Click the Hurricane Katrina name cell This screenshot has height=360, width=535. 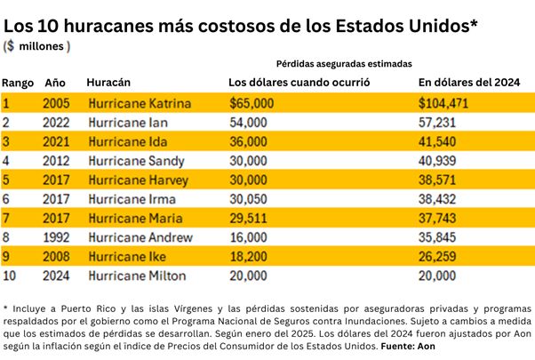(140, 104)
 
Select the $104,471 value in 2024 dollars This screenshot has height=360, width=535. (443, 104)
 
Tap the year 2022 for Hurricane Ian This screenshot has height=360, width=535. (56, 123)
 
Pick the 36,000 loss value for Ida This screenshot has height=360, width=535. (248, 142)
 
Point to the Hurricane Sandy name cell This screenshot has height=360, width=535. (136, 161)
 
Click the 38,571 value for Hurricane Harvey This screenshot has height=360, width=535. (437, 180)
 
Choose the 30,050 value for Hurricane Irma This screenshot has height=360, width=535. (248, 199)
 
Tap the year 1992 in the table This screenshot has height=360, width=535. (56, 237)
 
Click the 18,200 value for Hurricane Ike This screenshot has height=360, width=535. (248, 257)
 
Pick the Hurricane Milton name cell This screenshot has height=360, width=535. (137, 276)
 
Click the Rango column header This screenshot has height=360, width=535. (18, 83)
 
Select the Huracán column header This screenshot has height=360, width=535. (109, 83)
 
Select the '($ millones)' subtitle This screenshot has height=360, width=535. (37, 45)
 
